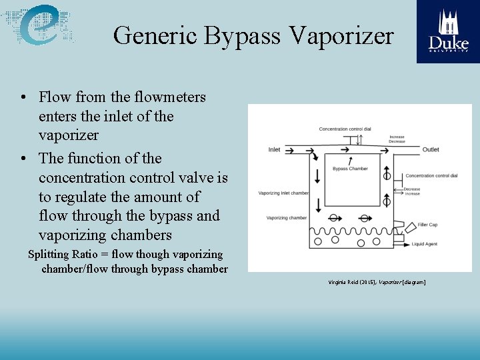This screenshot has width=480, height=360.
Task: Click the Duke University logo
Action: (x=448, y=31)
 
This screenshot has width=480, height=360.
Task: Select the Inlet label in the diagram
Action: (x=274, y=149)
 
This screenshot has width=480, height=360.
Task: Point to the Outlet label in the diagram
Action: (x=430, y=149)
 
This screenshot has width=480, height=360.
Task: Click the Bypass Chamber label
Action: (x=349, y=169)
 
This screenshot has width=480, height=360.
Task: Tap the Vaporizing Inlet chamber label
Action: (x=283, y=193)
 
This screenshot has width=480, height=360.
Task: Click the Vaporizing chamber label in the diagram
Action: (x=286, y=218)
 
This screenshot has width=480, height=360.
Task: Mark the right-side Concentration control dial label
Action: (x=431, y=176)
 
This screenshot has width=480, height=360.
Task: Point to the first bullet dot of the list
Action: (x=23, y=97)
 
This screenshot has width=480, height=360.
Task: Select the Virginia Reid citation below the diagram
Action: (x=376, y=282)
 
